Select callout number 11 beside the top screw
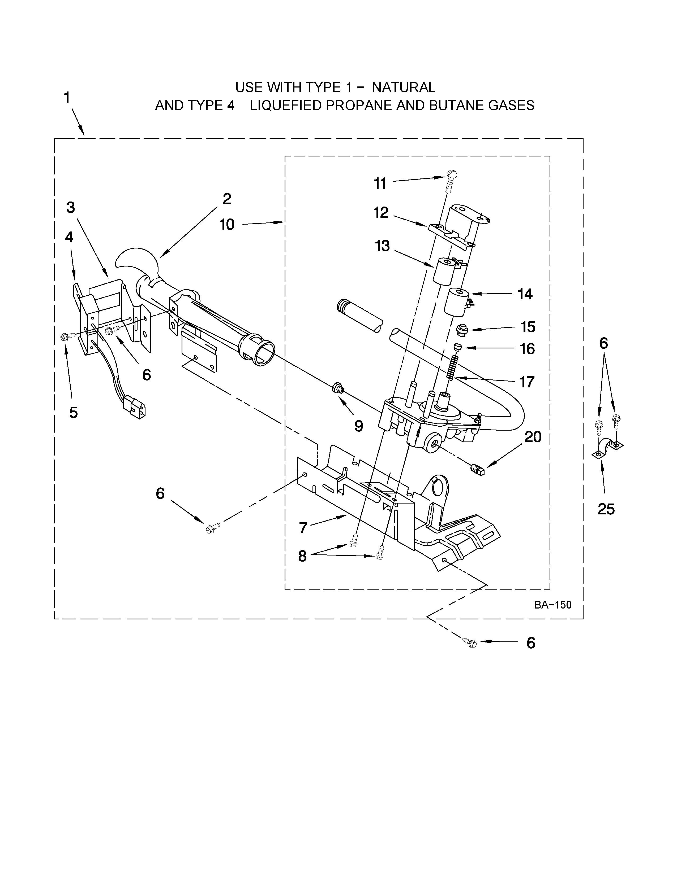pyautogui.click(x=380, y=183)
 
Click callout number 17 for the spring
pyautogui.click(x=527, y=382)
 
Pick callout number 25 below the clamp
pyautogui.click(x=606, y=509)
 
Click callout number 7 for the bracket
pyautogui.click(x=303, y=528)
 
